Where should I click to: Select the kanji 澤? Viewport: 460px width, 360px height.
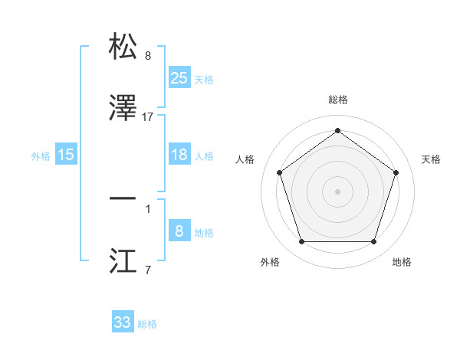pos(123,109)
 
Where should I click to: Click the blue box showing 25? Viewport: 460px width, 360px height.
pos(179,77)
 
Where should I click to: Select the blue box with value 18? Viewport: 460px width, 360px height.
pos(179,155)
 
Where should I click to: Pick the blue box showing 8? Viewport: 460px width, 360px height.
pos(179,231)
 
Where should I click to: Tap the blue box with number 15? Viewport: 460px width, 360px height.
pos(66,155)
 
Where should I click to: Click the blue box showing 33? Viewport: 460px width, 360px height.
pos(123,322)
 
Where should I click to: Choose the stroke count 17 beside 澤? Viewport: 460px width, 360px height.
pos(148,117)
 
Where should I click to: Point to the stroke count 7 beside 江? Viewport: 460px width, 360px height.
pos(147,270)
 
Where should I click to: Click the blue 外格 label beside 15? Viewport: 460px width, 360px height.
pos(41,155)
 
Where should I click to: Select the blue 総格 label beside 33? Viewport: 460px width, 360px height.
pos(147,324)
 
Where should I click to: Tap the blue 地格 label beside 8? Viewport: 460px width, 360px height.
pos(204,233)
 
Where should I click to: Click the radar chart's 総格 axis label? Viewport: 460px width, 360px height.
pos(337,100)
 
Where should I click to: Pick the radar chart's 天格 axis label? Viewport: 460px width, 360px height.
pos(432,159)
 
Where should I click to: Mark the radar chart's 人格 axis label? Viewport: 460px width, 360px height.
pos(245,159)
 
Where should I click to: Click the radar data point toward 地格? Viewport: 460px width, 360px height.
pos(373,242)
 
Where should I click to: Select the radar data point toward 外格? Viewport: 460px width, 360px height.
pos(301,242)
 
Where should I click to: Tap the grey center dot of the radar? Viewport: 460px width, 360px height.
pos(337,191)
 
